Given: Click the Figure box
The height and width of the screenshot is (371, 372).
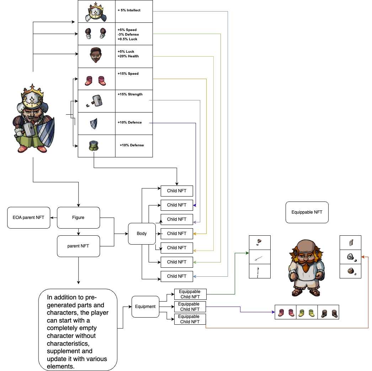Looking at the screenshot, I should click(x=78, y=218).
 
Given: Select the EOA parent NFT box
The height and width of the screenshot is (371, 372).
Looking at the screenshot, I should click(x=28, y=218).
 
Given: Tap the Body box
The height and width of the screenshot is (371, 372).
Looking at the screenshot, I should click(x=142, y=234).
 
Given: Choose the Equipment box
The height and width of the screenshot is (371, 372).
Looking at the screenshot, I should click(x=145, y=307).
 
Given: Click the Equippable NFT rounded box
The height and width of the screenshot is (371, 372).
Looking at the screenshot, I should click(x=307, y=212).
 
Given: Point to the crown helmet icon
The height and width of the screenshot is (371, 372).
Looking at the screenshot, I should click(x=96, y=12).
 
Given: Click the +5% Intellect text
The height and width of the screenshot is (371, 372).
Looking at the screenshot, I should click(x=129, y=10).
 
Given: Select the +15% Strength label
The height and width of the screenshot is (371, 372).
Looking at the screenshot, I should click(x=130, y=94).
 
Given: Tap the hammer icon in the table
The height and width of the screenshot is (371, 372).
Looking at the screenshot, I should click(x=96, y=101).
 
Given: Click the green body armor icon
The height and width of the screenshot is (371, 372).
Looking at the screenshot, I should click(x=94, y=146).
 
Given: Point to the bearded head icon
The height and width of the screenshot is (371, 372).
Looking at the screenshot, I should click(x=96, y=55).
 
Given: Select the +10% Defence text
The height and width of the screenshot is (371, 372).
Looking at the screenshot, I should click(x=130, y=122).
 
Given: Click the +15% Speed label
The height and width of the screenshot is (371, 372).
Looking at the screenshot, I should click(x=128, y=74).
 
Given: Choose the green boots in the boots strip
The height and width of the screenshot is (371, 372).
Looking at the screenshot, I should click(x=307, y=313).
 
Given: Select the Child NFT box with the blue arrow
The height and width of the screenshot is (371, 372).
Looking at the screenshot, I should click(x=177, y=276).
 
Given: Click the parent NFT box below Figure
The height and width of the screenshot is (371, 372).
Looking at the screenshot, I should click(x=78, y=246).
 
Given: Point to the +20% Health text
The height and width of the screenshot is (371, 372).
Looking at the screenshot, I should click(x=128, y=56).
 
